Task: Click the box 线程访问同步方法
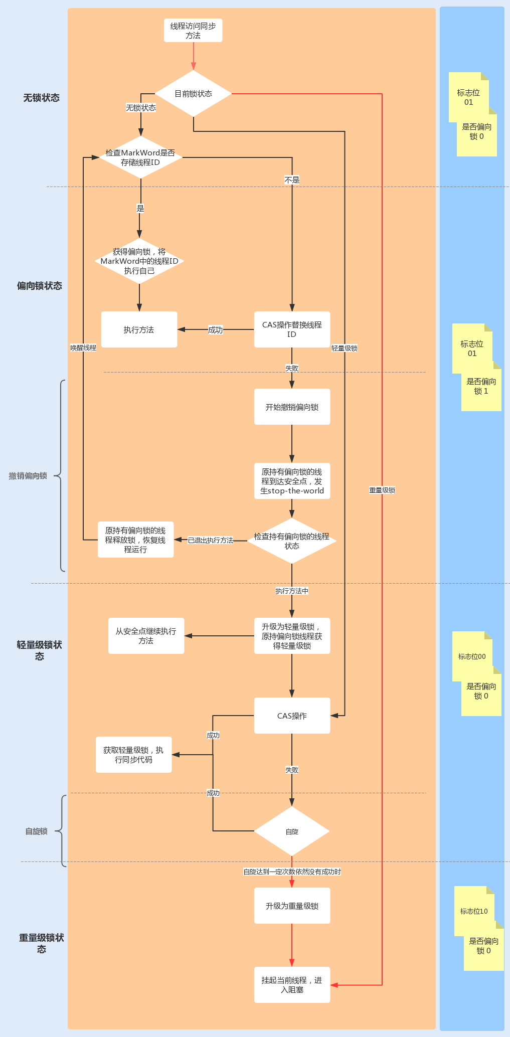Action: pos(193,31)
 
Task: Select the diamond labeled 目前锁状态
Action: pos(193,94)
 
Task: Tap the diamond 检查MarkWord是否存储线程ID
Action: pos(140,157)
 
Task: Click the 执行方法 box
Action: pos(139,329)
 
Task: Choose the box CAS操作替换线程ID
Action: pos(292,329)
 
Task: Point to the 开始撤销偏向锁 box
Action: pos(292,407)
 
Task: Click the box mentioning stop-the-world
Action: pos(292,481)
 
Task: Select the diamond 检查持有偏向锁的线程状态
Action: pos(292,541)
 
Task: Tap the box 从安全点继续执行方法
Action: pos(146,636)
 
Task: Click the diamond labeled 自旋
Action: pos(292,831)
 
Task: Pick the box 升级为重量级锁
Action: pos(292,906)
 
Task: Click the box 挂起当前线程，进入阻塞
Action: pos(292,985)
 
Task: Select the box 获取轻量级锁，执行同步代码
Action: pos(133,755)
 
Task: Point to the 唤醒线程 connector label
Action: pos(83,348)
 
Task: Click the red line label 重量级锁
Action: pos(382,490)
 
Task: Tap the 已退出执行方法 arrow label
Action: pos(211,541)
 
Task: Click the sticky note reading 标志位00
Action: pos(472,656)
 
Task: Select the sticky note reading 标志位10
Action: pos(474,911)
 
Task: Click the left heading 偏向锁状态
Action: pos(40,286)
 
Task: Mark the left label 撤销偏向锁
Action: pos(28,476)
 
